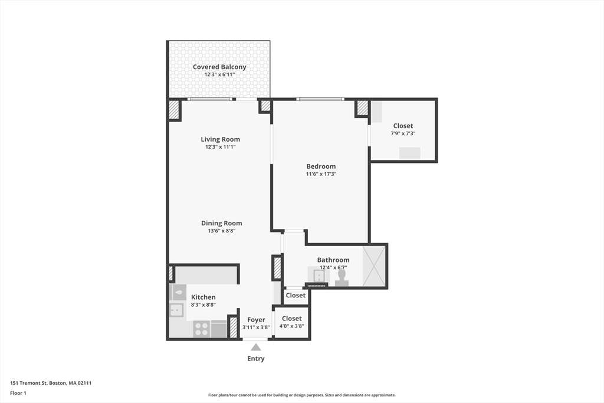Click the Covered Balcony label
(x=219, y=67)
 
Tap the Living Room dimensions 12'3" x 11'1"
(x=221, y=147)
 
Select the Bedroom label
(x=321, y=166)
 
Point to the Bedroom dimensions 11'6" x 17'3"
(x=321, y=173)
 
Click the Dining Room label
(x=222, y=223)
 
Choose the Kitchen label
(x=203, y=297)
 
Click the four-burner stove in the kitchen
(x=202, y=329)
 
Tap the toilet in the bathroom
(x=342, y=278)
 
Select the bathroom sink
(x=319, y=276)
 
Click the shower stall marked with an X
(x=374, y=266)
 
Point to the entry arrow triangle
(x=256, y=347)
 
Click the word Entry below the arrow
(x=256, y=359)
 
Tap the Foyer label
(x=256, y=320)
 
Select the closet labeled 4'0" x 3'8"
(x=291, y=323)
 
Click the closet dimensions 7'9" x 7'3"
(x=403, y=133)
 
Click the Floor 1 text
(x=18, y=393)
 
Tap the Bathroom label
(x=333, y=260)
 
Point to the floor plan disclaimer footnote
(x=302, y=395)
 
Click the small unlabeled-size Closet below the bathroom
(x=296, y=296)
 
